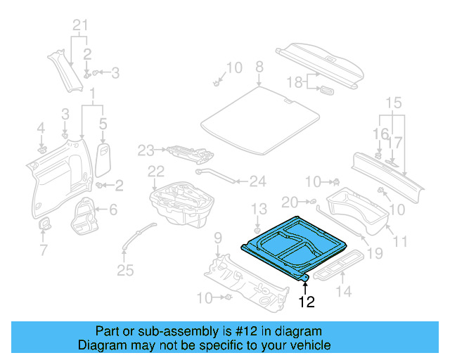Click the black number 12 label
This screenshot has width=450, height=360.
[307, 302]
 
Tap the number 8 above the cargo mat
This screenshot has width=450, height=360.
[259, 67]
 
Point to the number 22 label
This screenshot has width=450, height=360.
[155, 171]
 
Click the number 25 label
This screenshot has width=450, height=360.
[125, 271]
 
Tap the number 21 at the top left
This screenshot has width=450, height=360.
[81, 27]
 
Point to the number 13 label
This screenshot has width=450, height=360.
[259, 208]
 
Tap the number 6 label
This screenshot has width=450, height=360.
[113, 209]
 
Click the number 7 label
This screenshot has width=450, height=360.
[44, 250]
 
